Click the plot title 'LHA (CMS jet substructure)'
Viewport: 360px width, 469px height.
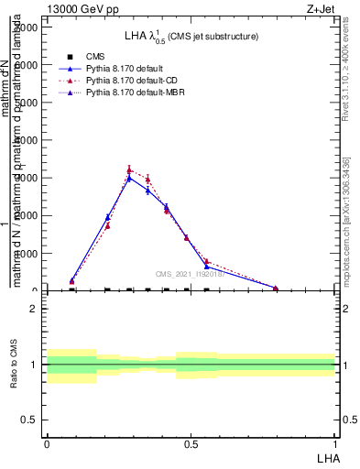(191, 37)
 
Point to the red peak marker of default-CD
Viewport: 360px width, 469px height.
(129, 169)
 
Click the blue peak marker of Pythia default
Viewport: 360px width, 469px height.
(129, 178)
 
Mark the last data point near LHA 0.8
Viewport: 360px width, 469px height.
(276, 289)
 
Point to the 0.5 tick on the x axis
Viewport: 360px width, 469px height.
(191, 443)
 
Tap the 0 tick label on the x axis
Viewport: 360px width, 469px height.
(46, 443)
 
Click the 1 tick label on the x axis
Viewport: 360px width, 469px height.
(335, 443)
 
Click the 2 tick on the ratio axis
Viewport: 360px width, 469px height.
(34, 309)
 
